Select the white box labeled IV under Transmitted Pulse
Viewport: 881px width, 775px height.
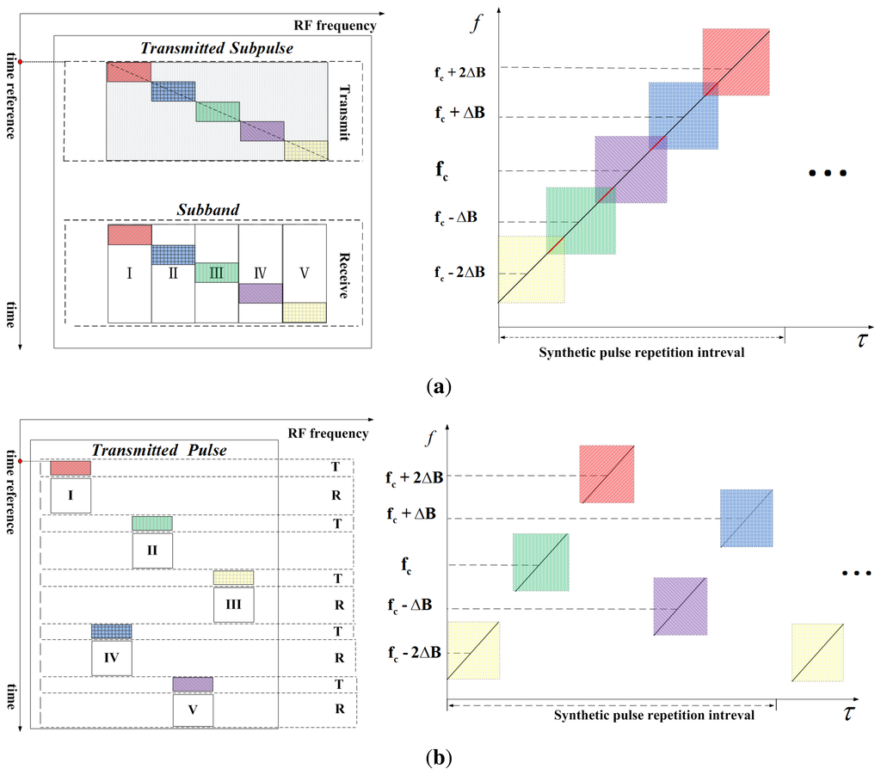pos(112,659)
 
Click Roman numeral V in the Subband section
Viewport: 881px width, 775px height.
pos(304,274)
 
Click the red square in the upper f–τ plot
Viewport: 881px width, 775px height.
pos(736,62)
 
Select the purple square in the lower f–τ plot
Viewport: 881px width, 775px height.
pos(680,606)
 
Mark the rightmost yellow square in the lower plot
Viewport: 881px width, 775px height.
pos(816,651)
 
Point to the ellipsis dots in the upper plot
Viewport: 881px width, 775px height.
pos(829,174)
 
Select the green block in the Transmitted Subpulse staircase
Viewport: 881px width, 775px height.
pos(217,112)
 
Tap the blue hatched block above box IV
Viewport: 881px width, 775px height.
pos(112,631)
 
